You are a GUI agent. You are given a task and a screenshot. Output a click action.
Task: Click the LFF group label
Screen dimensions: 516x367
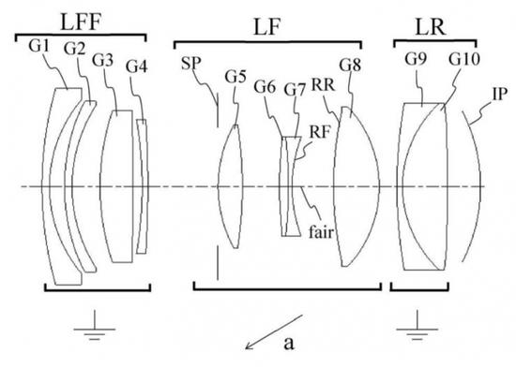(81, 22)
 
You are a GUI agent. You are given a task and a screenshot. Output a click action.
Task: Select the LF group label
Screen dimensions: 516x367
(266, 26)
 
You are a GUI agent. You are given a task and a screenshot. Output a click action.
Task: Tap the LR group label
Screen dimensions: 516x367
(431, 26)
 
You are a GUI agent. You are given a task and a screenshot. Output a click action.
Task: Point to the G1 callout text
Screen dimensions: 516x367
(38, 46)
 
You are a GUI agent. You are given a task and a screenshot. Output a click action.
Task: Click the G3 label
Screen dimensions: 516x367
(102, 60)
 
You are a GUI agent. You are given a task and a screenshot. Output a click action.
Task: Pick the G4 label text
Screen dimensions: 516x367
(137, 66)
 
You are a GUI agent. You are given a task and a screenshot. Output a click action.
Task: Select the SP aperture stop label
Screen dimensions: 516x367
(190, 64)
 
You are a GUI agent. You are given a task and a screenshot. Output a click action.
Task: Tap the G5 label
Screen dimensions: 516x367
(235, 77)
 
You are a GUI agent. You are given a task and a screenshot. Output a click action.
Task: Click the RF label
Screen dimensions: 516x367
(319, 132)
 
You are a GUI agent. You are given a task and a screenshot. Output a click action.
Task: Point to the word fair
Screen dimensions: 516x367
(321, 232)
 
